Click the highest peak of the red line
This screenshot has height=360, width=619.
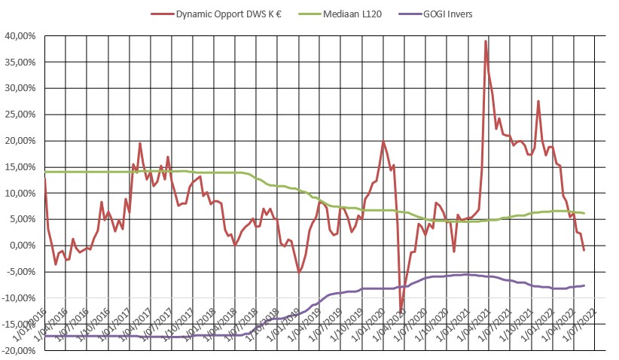(486, 41)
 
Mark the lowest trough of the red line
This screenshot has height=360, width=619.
(401, 310)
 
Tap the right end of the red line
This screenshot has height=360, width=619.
(584, 250)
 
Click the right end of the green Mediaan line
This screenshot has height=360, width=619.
(584, 213)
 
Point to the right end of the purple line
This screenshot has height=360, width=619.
(584, 285)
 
